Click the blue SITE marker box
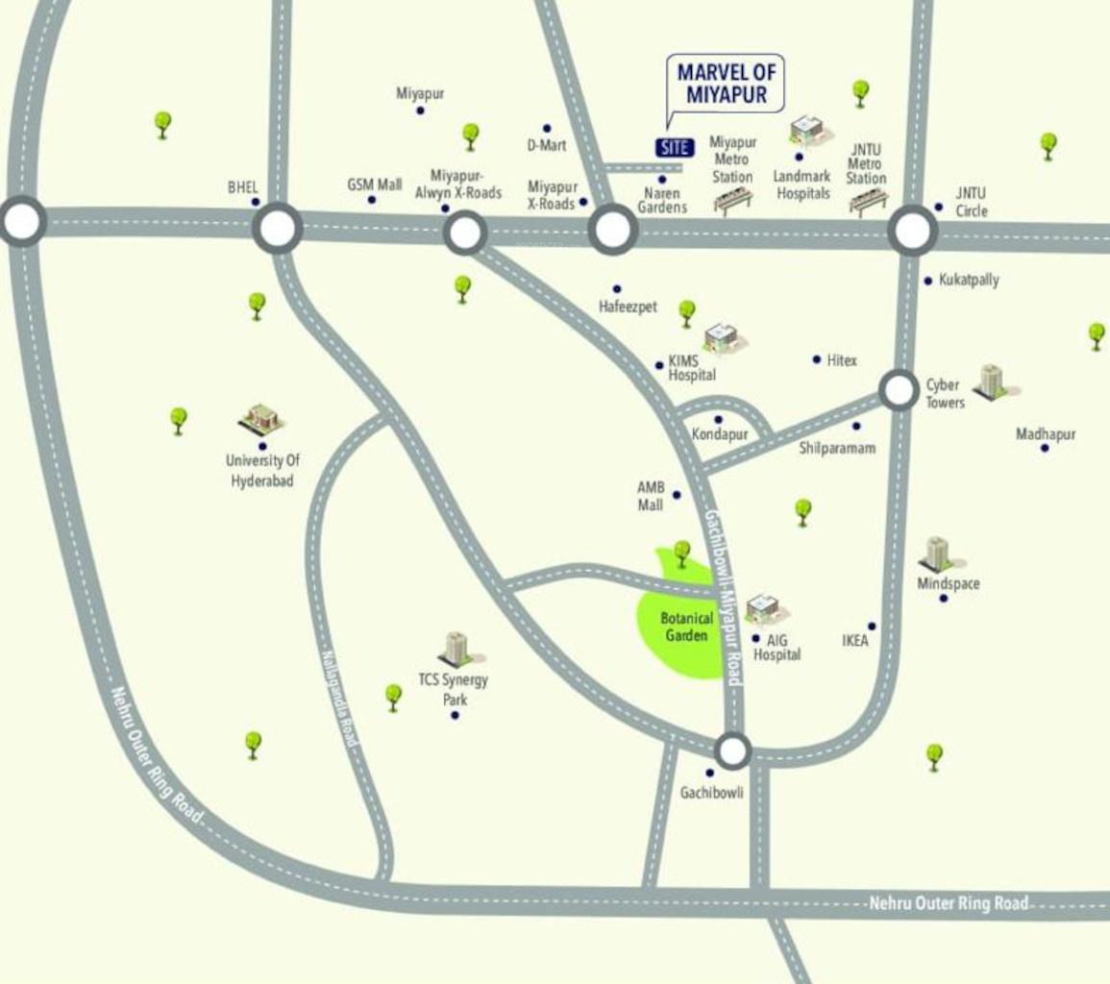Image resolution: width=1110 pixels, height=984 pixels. (x=675, y=147)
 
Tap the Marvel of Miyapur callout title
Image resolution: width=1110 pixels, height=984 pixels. (x=727, y=83)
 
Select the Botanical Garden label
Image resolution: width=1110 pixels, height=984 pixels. (x=686, y=627)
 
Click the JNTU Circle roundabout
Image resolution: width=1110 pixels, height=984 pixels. (x=912, y=231)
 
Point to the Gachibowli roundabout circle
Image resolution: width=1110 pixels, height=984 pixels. (x=732, y=750)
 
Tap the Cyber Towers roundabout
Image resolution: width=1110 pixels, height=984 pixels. (x=899, y=390)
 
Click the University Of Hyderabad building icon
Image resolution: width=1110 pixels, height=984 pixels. (x=259, y=418)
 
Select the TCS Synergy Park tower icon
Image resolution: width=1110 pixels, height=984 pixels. (x=455, y=649)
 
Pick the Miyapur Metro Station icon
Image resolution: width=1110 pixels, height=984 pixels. (x=732, y=201)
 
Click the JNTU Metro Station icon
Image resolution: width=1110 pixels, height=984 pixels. (x=868, y=203)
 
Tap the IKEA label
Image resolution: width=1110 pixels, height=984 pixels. (x=854, y=640)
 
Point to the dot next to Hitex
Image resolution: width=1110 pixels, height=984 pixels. (x=816, y=359)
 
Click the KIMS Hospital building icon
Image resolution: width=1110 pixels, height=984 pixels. (x=721, y=337)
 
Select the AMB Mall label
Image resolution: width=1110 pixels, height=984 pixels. (x=651, y=496)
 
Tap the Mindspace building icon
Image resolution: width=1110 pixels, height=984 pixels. (x=935, y=553)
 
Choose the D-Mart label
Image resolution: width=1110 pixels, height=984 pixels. (x=546, y=145)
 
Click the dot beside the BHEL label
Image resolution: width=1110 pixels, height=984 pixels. (x=256, y=202)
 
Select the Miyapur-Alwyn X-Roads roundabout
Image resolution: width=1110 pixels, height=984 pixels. (x=464, y=233)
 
